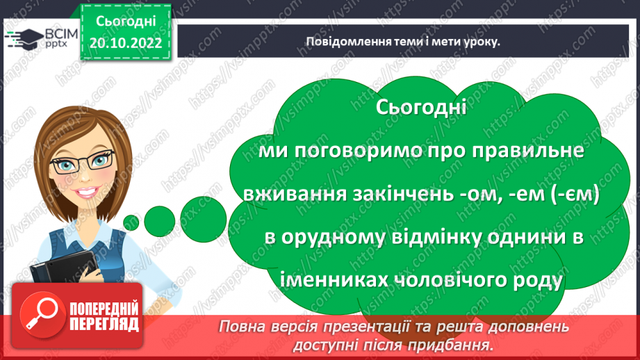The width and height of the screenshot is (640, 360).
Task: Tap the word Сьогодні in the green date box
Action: (x=124, y=22)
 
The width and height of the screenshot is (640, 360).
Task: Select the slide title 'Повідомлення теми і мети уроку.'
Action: (x=404, y=41)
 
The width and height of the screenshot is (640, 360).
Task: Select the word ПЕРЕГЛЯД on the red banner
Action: (x=104, y=325)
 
